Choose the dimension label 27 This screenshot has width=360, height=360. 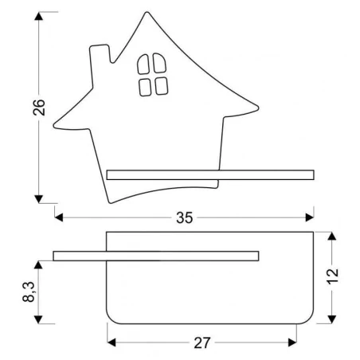202,343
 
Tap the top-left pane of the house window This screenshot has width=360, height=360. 145,63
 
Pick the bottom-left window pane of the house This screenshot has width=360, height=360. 145,86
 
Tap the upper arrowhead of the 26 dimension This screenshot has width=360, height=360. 37,18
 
